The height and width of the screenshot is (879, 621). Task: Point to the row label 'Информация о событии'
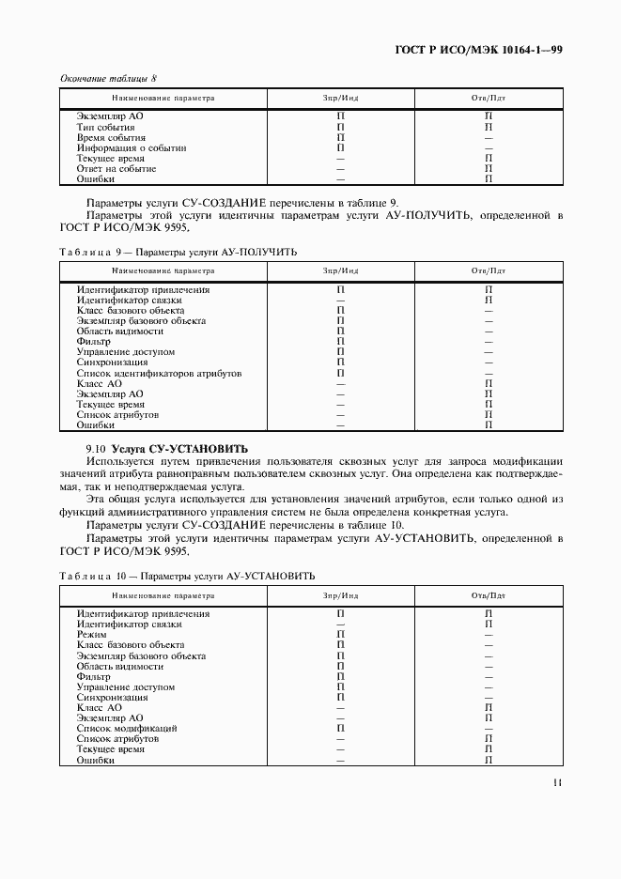coord(132,147)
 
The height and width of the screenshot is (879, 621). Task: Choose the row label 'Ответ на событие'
coord(116,169)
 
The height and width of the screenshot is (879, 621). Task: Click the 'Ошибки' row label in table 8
coord(96,179)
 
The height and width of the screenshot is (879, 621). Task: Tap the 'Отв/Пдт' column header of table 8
coord(489,98)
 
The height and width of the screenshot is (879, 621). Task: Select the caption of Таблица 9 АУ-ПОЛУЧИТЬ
coord(179,252)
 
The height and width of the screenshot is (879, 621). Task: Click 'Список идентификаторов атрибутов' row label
coord(159,373)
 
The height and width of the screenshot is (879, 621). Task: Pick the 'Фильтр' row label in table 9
coord(94,342)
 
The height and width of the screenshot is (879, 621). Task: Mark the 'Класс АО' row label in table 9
coord(100,383)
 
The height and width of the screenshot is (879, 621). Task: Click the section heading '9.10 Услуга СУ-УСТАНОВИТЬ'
coord(174,449)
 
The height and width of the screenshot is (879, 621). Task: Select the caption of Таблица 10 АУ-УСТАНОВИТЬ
coord(187,576)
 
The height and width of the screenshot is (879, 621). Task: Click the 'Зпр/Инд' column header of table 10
coord(341,595)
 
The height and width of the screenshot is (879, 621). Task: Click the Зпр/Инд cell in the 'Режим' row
coord(341,635)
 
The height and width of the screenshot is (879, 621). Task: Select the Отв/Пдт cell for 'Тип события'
coord(489,127)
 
